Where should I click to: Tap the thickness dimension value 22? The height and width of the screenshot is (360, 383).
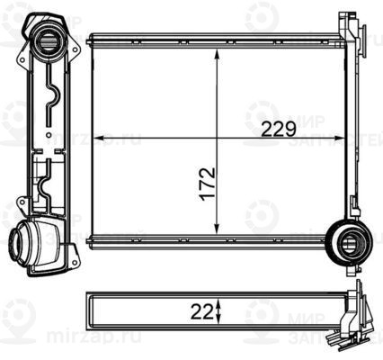click(x=202, y=312)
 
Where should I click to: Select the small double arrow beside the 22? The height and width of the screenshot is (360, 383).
click(x=218, y=312)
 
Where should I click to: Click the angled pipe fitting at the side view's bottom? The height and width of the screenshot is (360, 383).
click(x=36, y=242)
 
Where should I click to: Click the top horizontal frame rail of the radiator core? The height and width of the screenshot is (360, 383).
click(x=216, y=40)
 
